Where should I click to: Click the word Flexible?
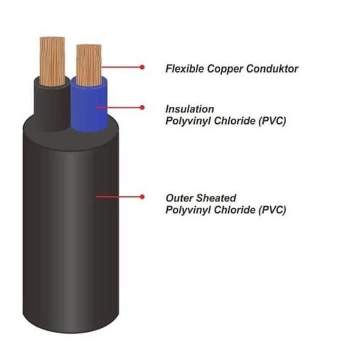185,69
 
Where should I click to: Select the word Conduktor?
272,69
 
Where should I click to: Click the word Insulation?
190,109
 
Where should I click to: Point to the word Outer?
179,198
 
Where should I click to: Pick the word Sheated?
216,198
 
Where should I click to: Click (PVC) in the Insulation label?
272,121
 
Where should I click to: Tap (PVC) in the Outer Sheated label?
272,210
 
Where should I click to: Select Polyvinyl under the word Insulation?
188,121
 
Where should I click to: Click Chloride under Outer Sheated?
234,210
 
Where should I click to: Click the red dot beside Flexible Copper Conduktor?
142,67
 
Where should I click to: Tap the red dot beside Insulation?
142,107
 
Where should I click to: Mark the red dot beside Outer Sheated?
142,196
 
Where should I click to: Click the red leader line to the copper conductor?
121,67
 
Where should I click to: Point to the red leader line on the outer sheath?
119,196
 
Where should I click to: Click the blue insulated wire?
89,106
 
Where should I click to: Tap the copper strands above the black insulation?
52,62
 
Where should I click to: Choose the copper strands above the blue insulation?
89,65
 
